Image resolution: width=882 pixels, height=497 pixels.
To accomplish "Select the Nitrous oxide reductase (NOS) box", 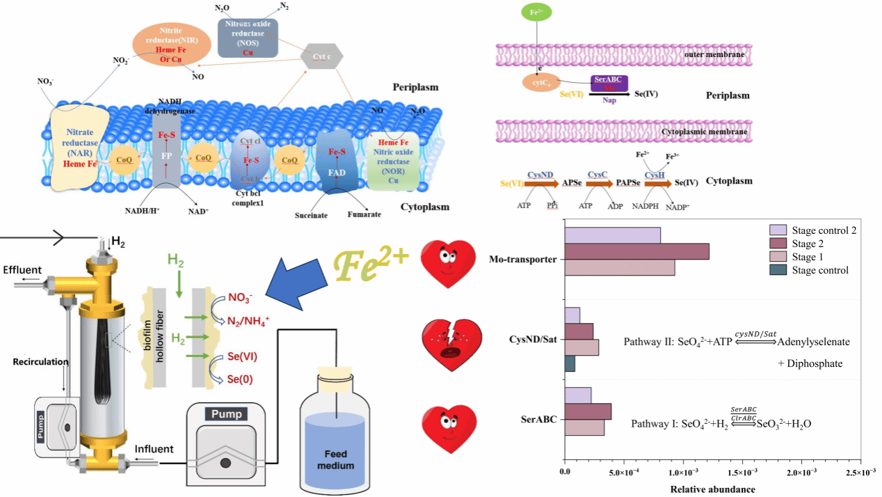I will tap(248, 38).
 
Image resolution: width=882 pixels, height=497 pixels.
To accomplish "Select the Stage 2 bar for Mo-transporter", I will tap(636, 251).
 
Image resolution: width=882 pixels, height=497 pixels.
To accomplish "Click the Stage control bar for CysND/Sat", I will tap(570, 364).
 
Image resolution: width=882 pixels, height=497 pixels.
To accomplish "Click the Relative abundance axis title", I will tap(712, 489).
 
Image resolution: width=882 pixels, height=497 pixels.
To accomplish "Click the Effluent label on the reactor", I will tap(22, 269).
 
